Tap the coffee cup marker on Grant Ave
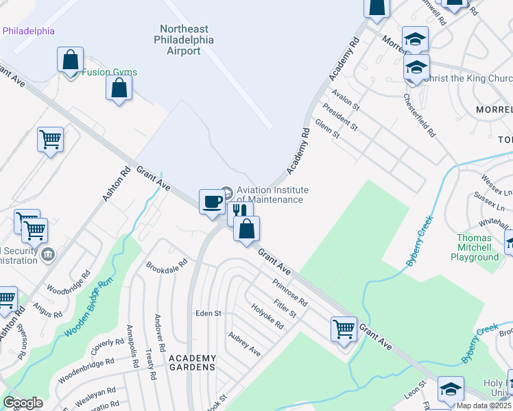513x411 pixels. click(212, 202)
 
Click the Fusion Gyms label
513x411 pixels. click(110, 72)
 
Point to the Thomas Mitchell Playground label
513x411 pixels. click(475, 247)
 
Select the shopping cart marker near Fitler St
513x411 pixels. click(343, 328)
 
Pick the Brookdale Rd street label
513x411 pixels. click(167, 264)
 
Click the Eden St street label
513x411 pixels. click(208, 313)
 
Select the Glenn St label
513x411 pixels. click(327, 129)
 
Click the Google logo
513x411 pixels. click(23, 403)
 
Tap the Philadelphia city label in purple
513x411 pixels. click(29, 31)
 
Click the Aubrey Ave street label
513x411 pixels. click(244, 345)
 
